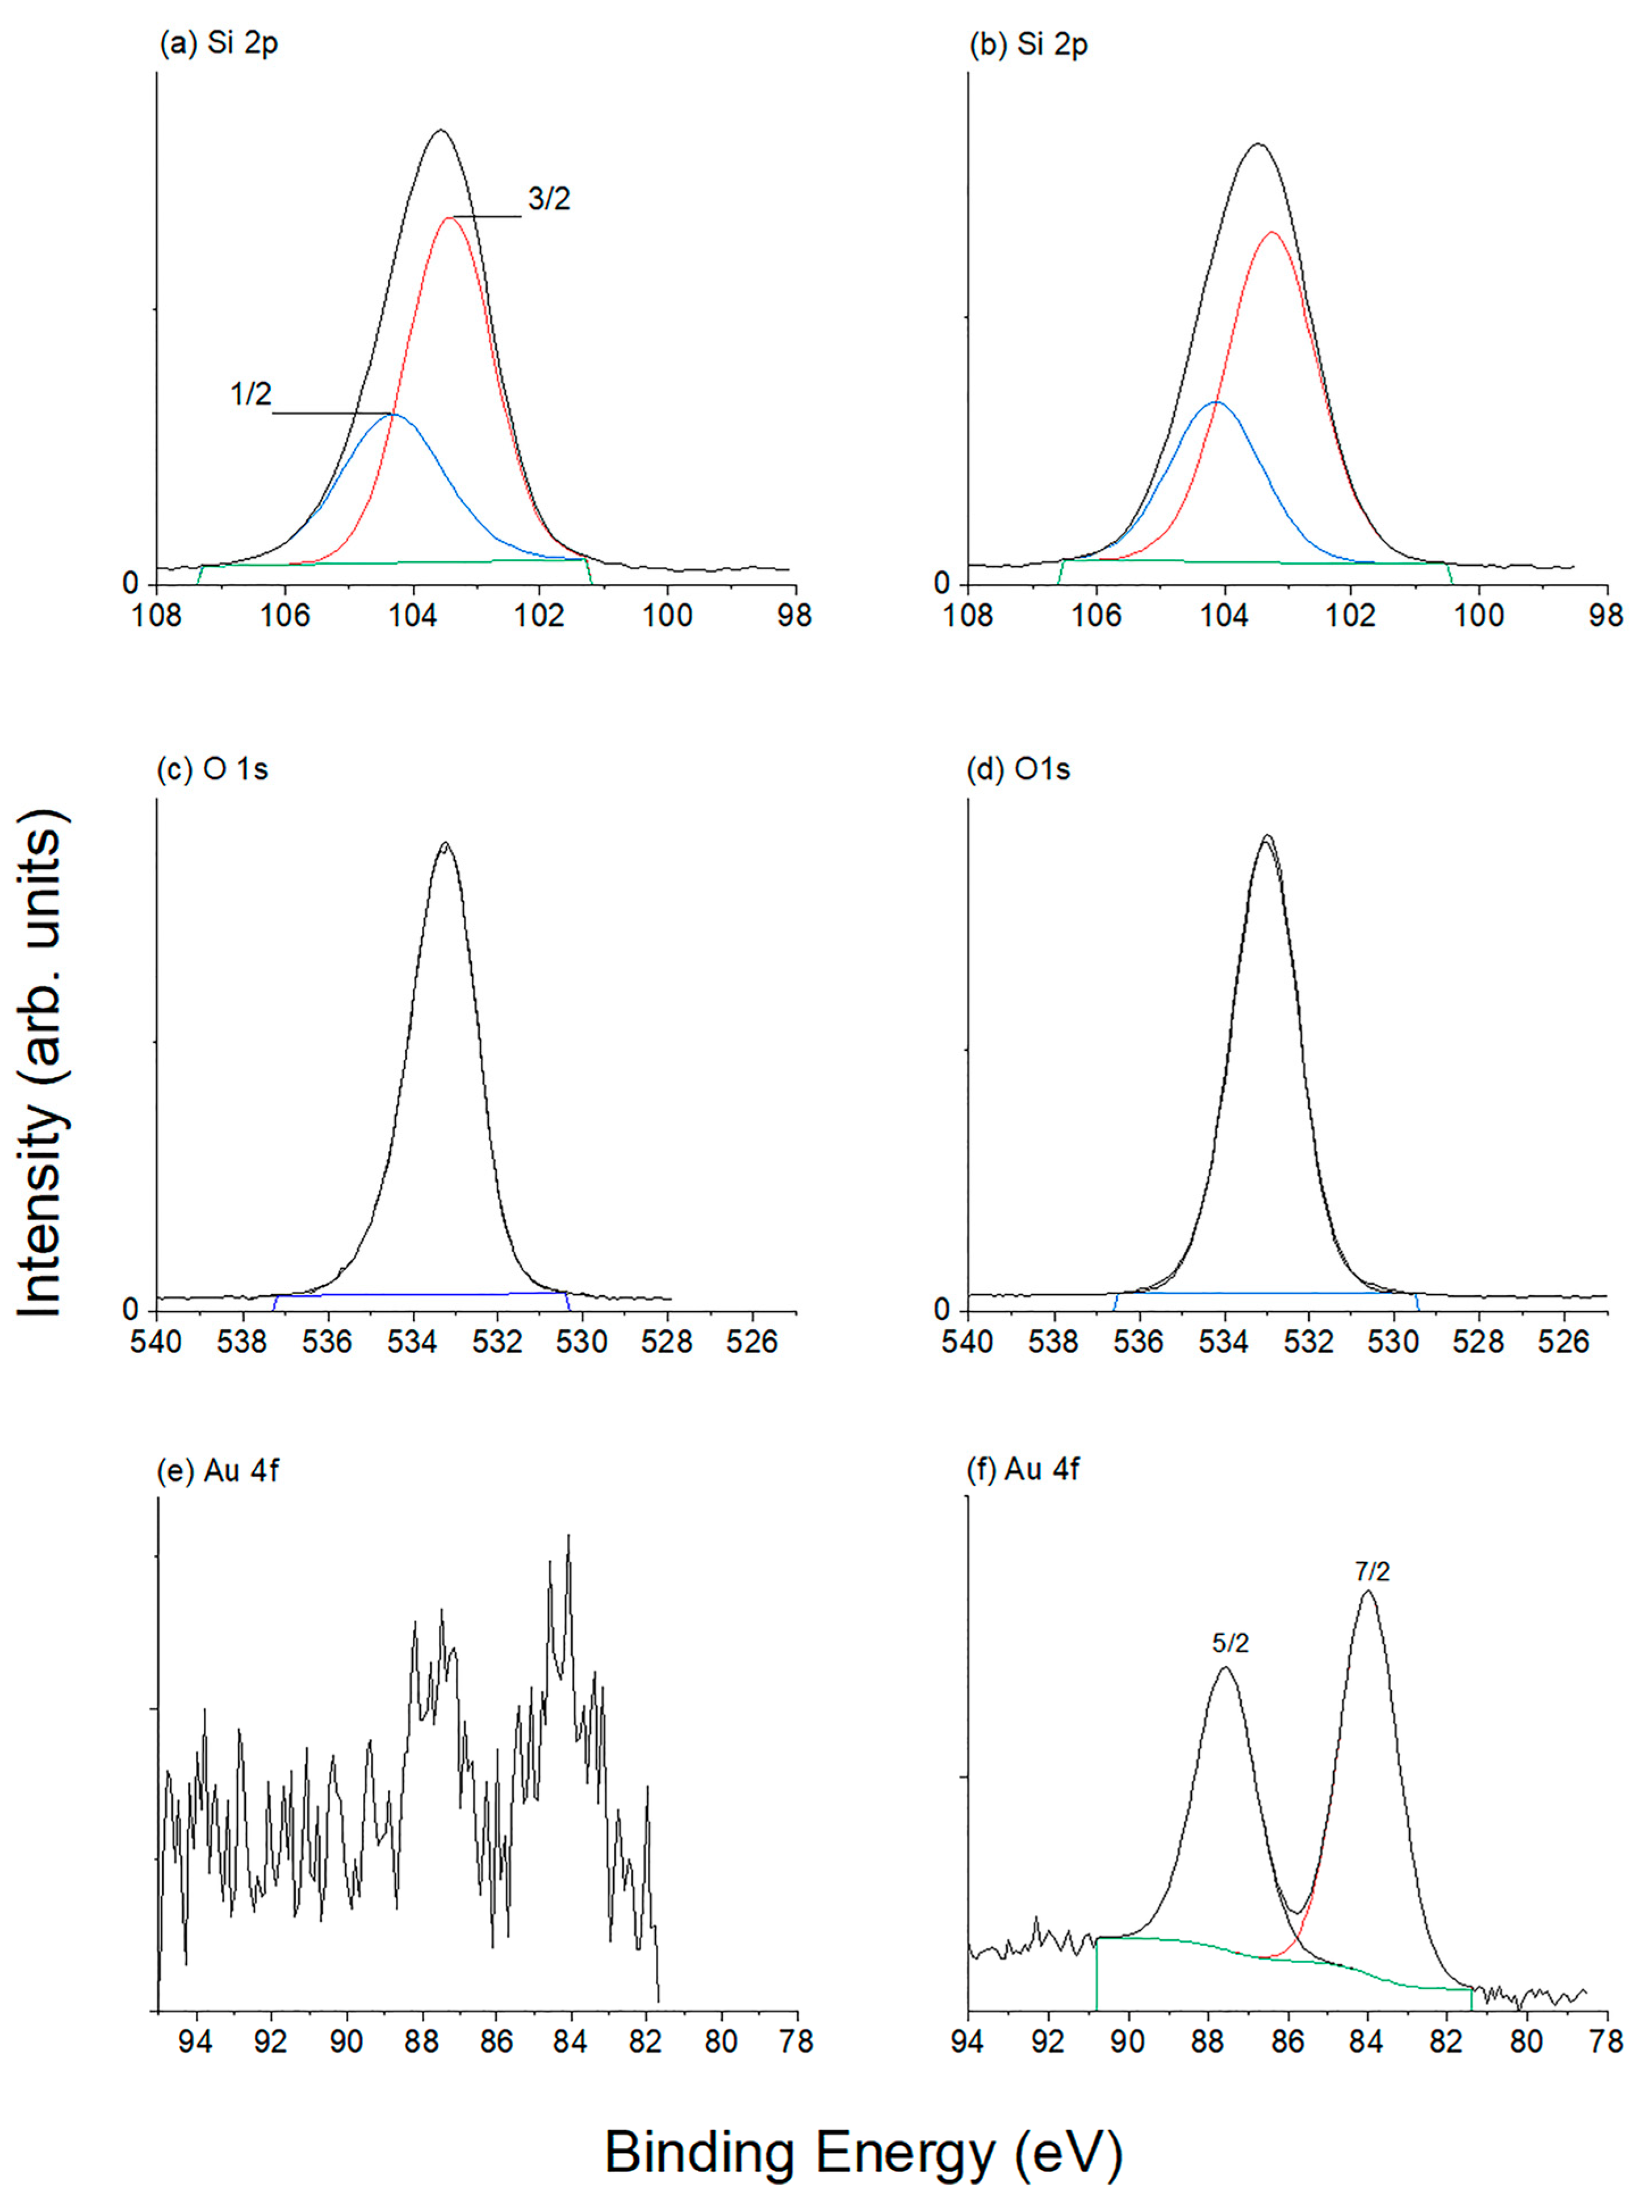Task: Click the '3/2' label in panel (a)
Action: pos(548,200)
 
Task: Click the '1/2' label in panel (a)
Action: pos(250,395)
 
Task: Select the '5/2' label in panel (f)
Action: pos(1230,1643)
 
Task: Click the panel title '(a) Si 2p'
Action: pos(217,45)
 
